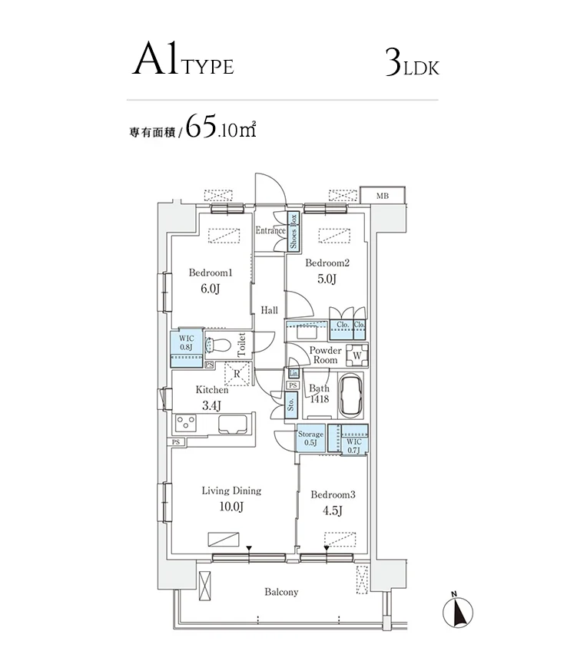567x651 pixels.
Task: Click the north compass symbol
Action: (458, 612)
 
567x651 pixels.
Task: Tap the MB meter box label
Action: (382, 196)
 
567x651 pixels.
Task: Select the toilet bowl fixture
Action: (218, 345)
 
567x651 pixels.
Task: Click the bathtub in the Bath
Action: (350, 395)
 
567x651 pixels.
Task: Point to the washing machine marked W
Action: (356, 355)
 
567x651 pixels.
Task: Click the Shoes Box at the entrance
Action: (293, 231)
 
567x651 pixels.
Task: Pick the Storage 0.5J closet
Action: (310, 438)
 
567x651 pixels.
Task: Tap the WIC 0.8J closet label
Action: (187, 342)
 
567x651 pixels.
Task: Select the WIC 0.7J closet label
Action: (354, 446)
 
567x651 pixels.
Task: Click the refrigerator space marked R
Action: (237, 374)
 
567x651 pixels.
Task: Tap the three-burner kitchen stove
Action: (186, 423)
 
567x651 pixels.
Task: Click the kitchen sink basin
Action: (233, 425)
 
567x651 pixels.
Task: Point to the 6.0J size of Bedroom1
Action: (211, 289)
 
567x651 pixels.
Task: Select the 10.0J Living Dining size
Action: (231, 507)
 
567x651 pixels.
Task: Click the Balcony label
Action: (282, 592)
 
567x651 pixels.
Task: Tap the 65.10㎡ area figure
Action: (220, 126)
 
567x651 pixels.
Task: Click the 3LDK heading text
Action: (412, 63)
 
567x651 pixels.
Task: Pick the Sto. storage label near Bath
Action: (291, 404)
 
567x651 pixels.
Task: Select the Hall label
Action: (269, 310)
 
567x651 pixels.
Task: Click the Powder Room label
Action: (325, 355)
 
